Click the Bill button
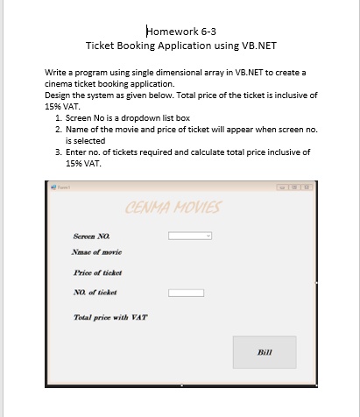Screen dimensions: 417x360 pos(264,351)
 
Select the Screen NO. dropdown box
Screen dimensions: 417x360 pos(189,236)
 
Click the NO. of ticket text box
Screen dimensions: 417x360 pos(186,293)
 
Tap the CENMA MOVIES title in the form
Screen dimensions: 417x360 pos(173,208)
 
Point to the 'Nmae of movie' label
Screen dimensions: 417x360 pos(97,251)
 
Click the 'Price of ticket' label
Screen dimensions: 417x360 pos(98,272)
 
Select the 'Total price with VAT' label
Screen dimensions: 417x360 pos(110,316)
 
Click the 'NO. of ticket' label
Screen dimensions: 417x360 pos(95,293)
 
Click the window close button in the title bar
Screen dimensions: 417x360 pos(307,187)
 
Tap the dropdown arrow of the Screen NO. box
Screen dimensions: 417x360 pos(208,236)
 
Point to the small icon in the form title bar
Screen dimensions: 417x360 pos(53,187)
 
